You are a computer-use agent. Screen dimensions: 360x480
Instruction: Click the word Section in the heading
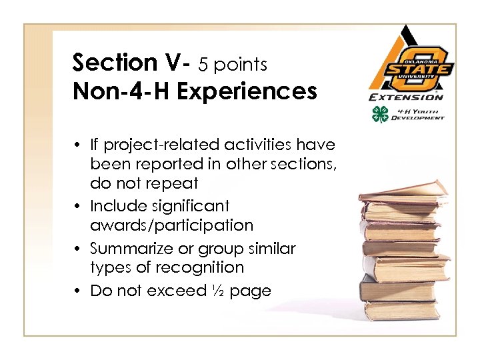[x=113, y=63]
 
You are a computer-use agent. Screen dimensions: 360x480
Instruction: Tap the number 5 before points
[x=203, y=64]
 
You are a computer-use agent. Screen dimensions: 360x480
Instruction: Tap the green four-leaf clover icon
[x=379, y=113]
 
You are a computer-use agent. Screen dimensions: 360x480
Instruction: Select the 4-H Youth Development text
[x=416, y=114]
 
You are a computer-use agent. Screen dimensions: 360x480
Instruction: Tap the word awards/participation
[x=171, y=225]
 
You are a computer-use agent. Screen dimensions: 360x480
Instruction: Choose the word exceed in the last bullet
[x=182, y=291]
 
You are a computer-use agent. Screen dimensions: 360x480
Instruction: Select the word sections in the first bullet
[x=304, y=164]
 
